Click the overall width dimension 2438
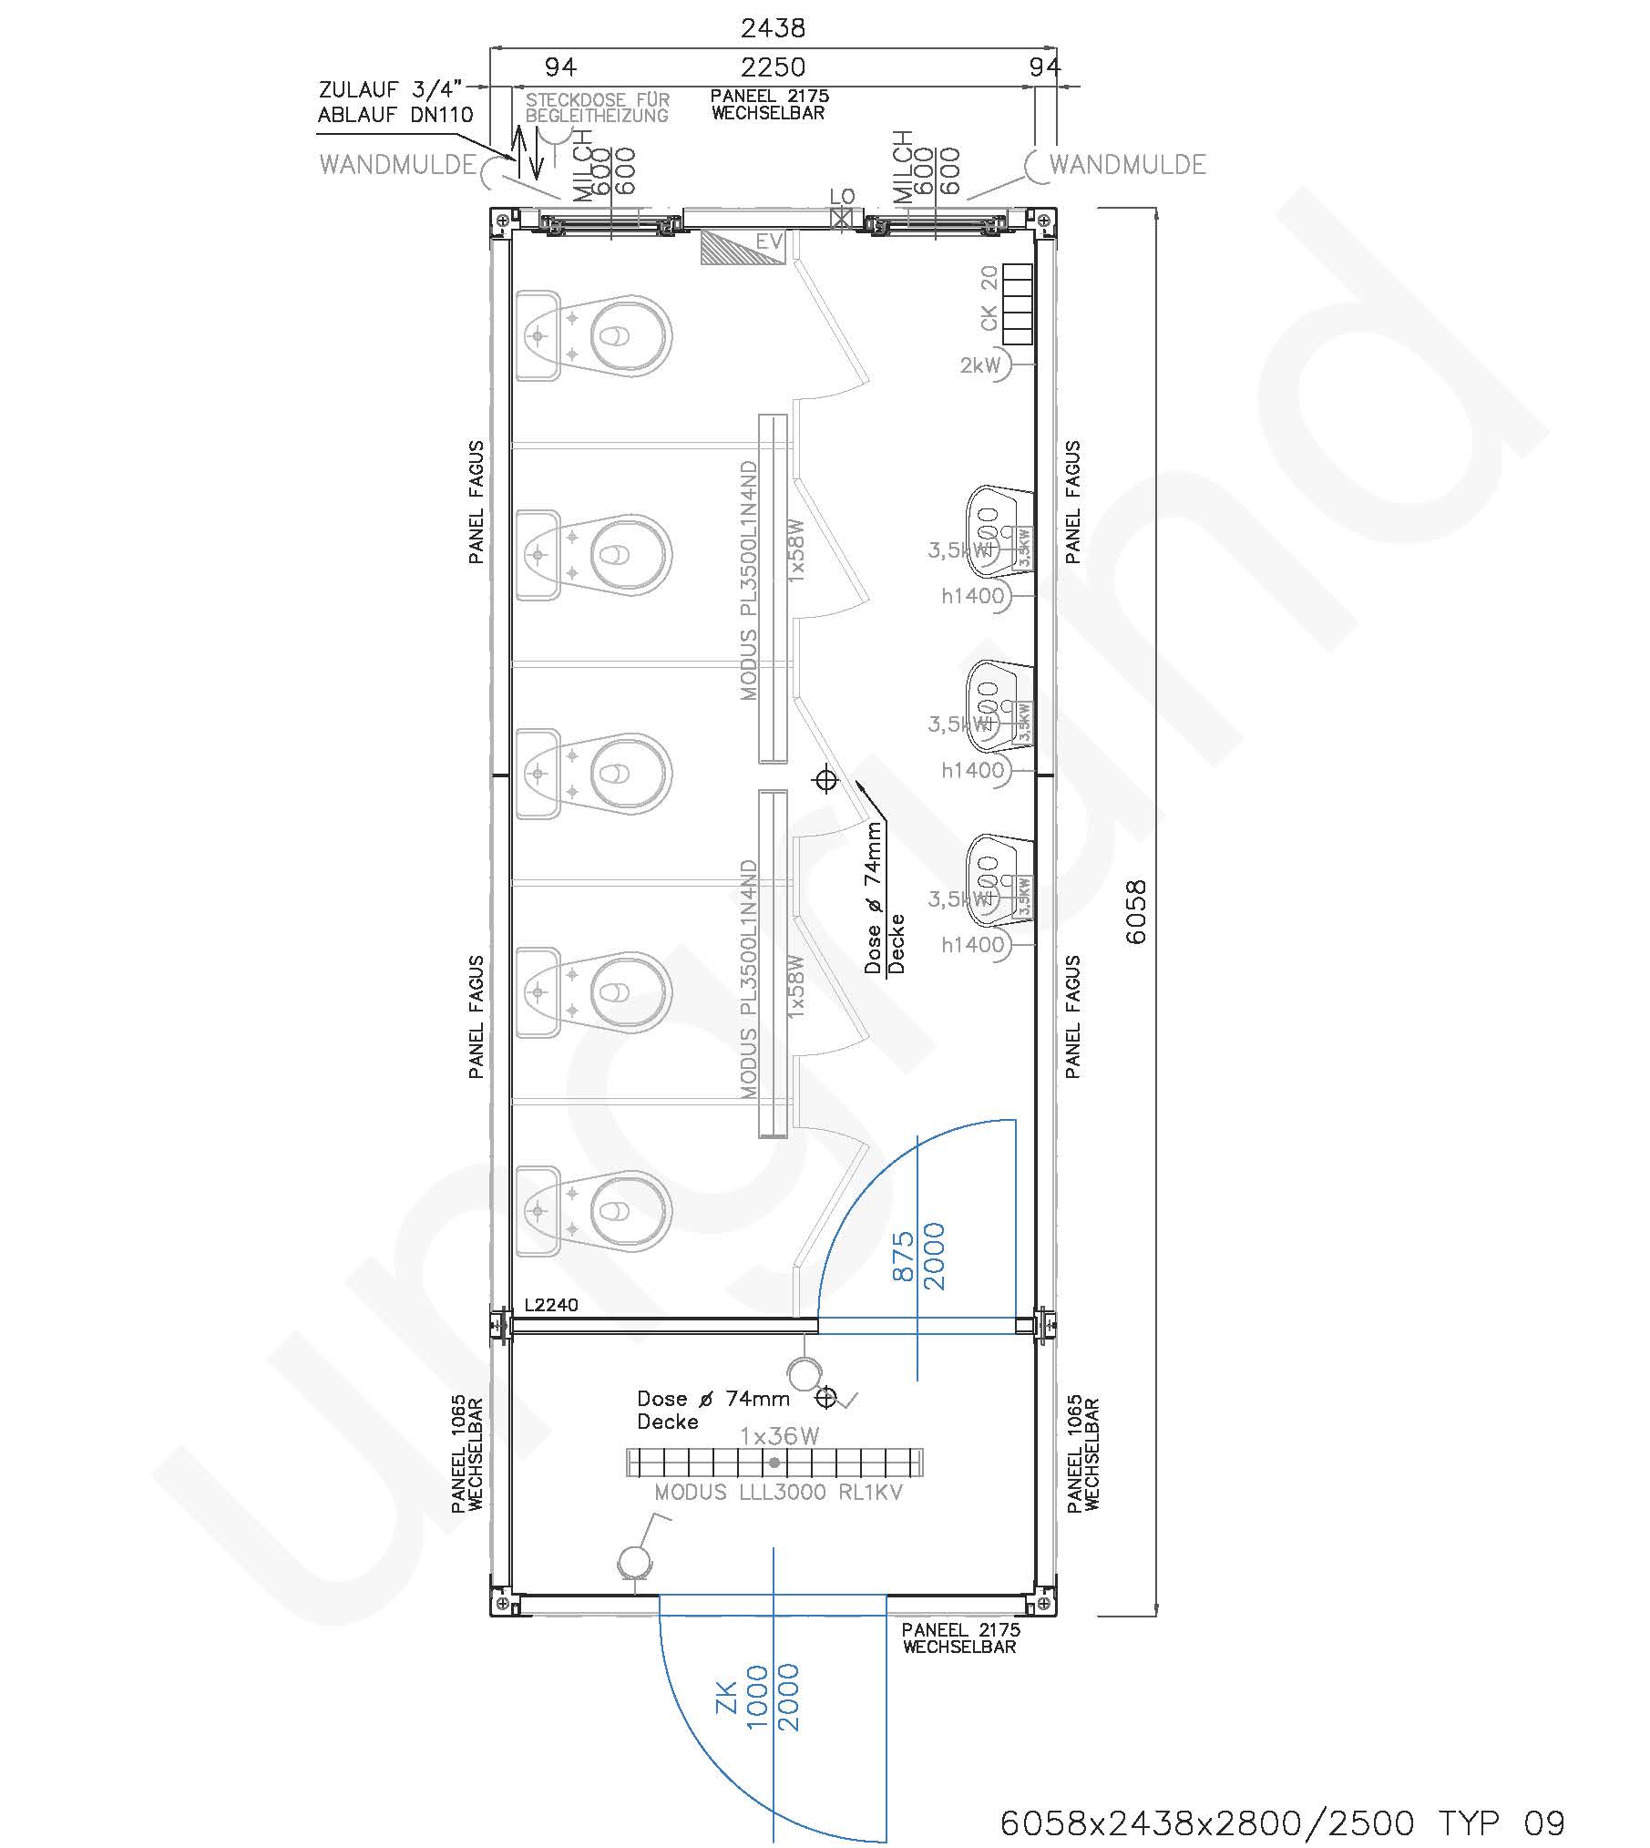tap(773, 28)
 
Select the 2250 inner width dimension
tap(773, 67)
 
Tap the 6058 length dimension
tap(1136, 912)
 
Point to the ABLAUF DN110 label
tap(395, 115)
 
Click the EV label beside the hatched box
tap(769, 242)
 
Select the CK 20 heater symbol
tap(1017, 304)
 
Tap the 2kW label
tap(979, 365)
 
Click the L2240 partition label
tap(550, 1305)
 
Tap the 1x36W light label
tap(779, 1436)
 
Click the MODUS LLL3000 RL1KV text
tap(778, 1493)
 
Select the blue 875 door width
tap(903, 1256)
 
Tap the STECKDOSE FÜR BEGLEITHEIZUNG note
tap(597, 108)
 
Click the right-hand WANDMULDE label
tap(1127, 165)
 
